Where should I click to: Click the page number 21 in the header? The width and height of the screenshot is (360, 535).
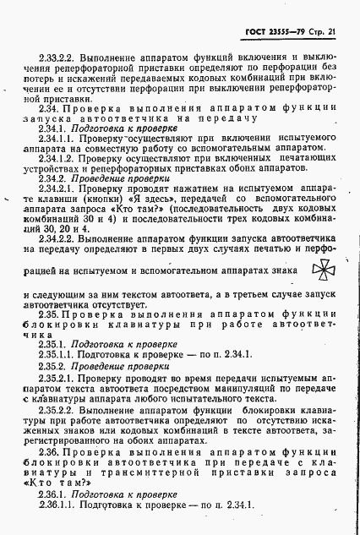click(332, 32)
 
